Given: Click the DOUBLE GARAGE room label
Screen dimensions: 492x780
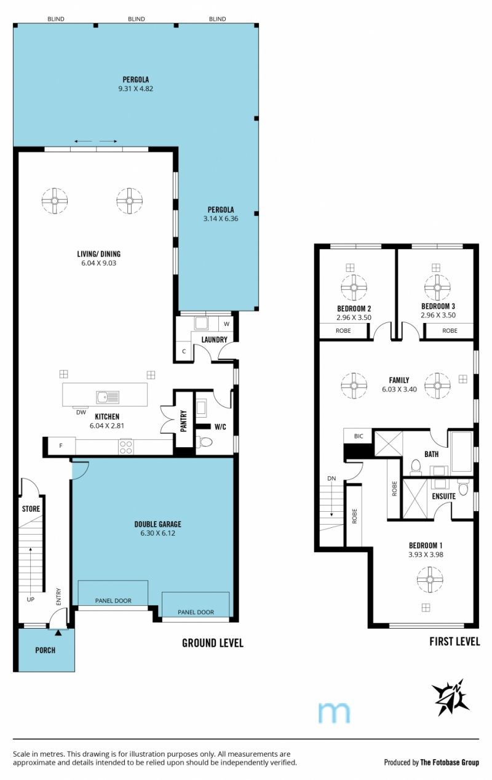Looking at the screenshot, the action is [x=157, y=523].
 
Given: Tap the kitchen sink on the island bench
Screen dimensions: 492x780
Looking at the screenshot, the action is [x=108, y=397].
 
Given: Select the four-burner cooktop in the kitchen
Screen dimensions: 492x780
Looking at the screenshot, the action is [x=125, y=447].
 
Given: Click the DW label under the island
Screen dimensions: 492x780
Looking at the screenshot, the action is [x=81, y=412].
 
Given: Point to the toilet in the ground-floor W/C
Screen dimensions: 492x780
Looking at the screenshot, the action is [x=204, y=442].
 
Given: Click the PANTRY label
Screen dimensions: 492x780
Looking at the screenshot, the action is [x=184, y=421].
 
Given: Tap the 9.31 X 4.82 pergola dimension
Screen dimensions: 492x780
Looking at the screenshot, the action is [x=136, y=89].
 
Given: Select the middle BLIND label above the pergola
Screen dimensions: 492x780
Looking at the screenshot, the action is [x=137, y=19].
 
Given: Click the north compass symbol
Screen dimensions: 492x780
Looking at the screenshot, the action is [x=450, y=697].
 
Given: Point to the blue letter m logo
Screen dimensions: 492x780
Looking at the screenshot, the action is [x=334, y=712].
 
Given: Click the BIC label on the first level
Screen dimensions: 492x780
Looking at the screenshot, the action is [x=359, y=436].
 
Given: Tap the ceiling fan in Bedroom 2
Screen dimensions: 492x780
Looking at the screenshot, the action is [x=354, y=288].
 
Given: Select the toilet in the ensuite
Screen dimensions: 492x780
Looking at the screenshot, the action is [x=463, y=487].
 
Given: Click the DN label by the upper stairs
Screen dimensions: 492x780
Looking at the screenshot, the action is [x=331, y=479].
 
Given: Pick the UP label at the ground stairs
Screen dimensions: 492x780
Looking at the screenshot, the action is [x=31, y=599].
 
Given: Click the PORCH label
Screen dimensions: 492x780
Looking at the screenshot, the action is [x=46, y=650].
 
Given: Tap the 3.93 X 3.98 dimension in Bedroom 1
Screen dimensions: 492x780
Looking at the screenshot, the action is [x=426, y=554].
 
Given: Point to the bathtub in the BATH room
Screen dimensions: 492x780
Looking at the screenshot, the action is [x=462, y=452].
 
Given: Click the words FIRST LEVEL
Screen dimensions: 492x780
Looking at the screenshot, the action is [x=454, y=641].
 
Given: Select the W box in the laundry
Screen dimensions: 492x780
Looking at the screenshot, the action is [x=227, y=324].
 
